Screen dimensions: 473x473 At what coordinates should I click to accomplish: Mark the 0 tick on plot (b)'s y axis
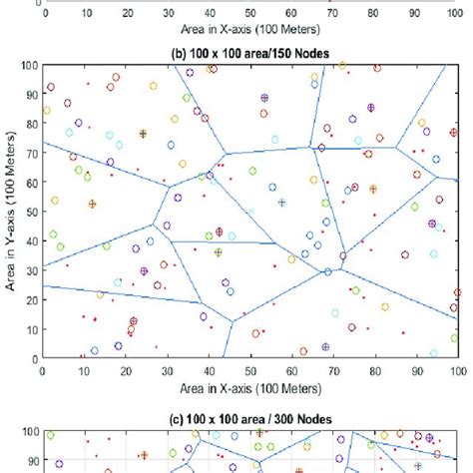pos(33,356)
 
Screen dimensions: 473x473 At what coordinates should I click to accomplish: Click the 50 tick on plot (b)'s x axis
pos(250,368)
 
